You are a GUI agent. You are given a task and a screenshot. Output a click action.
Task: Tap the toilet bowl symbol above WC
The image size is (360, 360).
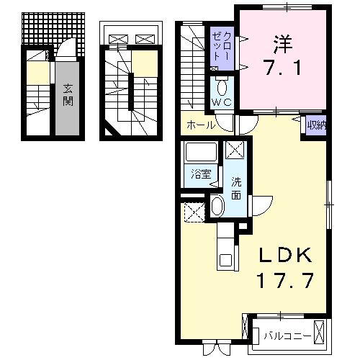222,88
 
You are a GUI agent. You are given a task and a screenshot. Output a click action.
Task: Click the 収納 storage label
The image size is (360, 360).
315,125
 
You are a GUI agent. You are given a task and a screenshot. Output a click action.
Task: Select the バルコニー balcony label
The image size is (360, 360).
286,336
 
